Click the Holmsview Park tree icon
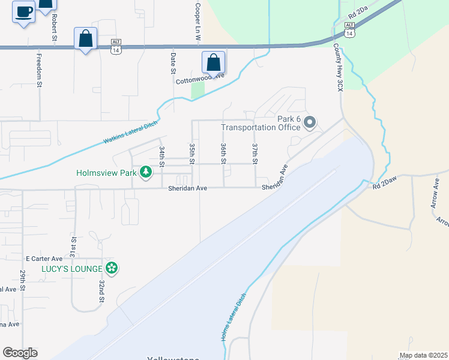click(x=145, y=173)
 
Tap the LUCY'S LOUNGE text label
click(x=71, y=269)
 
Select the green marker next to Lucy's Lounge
click(x=111, y=268)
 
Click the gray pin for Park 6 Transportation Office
click(x=310, y=123)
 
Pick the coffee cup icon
click(x=24, y=12)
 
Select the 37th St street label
click(x=255, y=154)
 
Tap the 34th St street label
click(x=161, y=155)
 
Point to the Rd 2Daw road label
click(x=385, y=185)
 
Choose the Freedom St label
click(x=39, y=71)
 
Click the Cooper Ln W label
click(x=197, y=20)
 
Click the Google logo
click(x=20, y=353)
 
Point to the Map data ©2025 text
click(x=423, y=355)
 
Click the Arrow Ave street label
click(x=436, y=193)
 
